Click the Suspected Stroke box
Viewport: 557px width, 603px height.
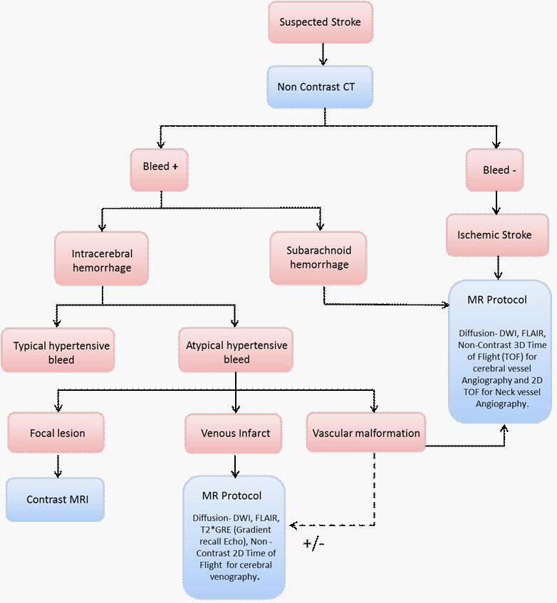[x=320, y=22]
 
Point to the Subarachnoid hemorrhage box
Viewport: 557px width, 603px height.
[x=318, y=257]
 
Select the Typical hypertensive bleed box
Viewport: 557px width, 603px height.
[x=58, y=352]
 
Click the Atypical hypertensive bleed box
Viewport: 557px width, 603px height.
[x=236, y=352]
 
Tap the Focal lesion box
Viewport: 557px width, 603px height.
[x=56, y=433]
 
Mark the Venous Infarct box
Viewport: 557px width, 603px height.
[x=236, y=433]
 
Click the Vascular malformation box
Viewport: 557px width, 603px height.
[x=365, y=433]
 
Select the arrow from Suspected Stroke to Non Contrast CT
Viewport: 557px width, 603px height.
[x=323, y=54]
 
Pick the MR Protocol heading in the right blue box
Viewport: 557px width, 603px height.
[x=497, y=299]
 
